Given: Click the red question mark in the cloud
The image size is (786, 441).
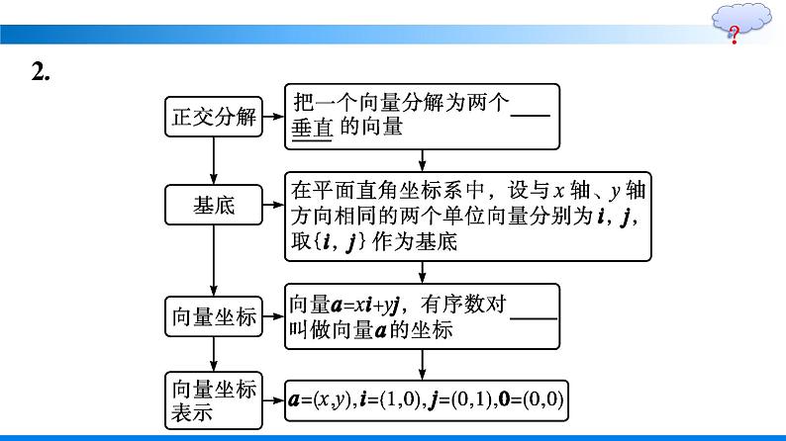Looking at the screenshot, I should click(734, 37).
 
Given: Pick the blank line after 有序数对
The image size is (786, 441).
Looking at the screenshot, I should click(533, 316).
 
